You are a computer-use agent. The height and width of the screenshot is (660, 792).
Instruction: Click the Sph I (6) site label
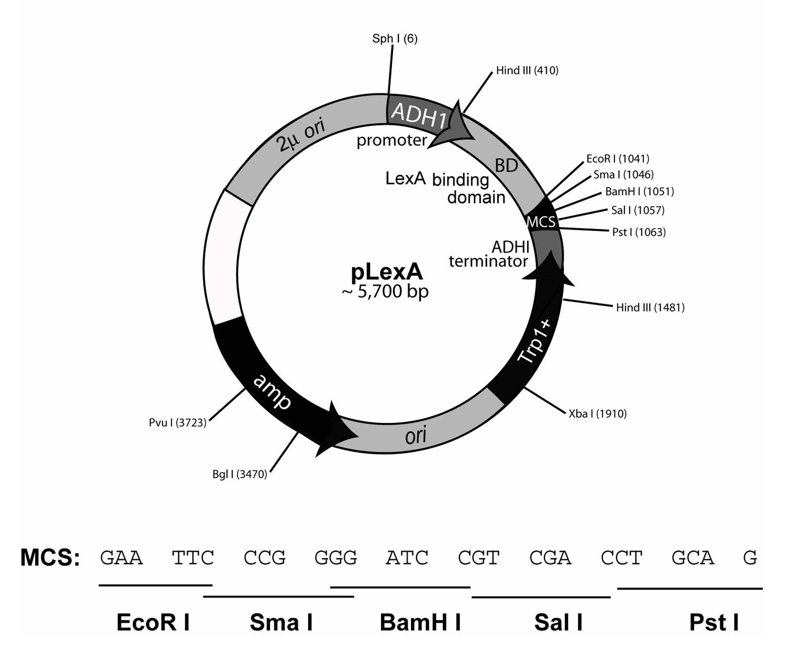pyautogui.click(x=395, y=39)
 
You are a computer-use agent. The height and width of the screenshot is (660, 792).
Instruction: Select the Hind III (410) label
pyautogui.click(x=527, y=70)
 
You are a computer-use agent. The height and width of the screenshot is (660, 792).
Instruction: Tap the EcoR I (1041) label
pyautogui.click(x=618, y=159)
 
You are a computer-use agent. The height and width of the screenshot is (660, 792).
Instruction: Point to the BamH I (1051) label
pyautogui.click(x=639, y=192)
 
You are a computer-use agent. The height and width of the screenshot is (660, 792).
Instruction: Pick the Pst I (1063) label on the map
pyautogui.click(x=639, y=232)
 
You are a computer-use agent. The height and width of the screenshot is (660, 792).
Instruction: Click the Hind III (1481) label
pyautogui.click(x=650, y=308)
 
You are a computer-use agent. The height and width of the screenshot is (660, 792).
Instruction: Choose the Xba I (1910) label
pyautogui.click(x=598, y=414)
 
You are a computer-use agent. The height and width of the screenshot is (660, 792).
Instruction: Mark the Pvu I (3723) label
pyautogui.click(x=178, y=423)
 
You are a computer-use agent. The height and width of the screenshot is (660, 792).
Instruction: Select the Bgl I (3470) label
pyautogui.click(x=240, y=474)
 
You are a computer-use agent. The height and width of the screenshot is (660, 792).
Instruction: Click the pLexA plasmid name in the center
pyautogui.click(x=387, y=272)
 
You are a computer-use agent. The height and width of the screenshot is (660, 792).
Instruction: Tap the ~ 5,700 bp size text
pyautogui.click(x=385, y=292)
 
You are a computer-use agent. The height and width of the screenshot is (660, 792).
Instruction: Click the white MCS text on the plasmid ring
pyautogui.click(x=541, y=222)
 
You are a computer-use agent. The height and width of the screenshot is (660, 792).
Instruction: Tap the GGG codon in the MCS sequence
pyautogui.click(x=335, y=558)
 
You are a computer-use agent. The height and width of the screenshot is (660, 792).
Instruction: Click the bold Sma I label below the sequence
pyautogui.click(x=281, y=623)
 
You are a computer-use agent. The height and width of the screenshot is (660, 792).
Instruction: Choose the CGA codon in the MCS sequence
pyautogui.click(x=550, y=558)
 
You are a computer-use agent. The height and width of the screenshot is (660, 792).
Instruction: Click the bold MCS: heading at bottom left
pyautogui.click(x=50, y=558)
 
